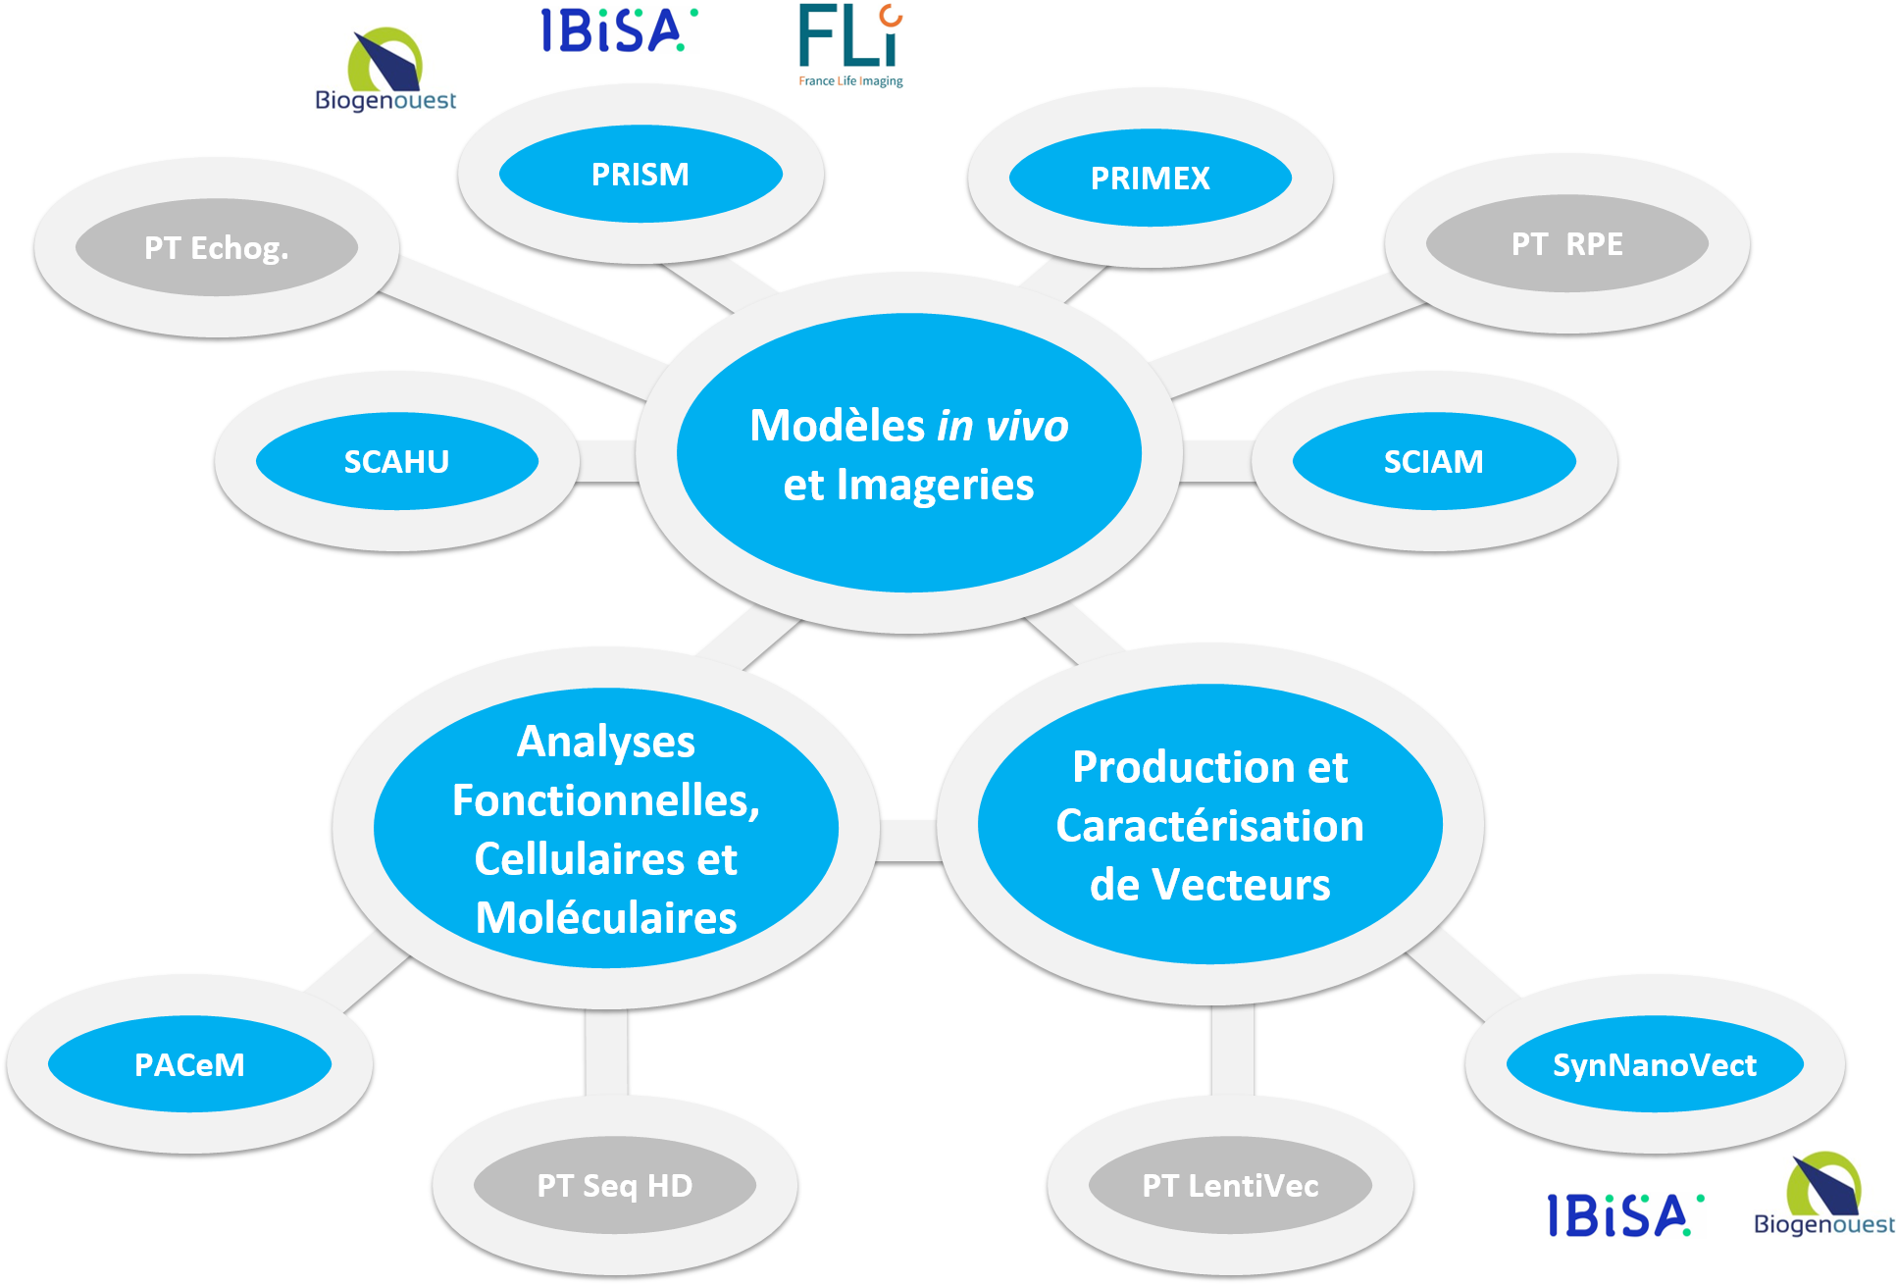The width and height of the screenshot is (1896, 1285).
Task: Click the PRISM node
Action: [x=641, y=175]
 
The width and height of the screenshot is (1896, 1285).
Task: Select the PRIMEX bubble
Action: [x=1150, y=179]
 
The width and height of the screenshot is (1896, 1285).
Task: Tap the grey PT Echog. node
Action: [x=217, y=248]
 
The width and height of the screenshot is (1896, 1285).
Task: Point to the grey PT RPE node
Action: [x=1566, y=244]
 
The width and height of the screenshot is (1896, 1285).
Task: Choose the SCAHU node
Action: [x=396, y=462]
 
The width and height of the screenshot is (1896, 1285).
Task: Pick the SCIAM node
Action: [x=1433, y=462]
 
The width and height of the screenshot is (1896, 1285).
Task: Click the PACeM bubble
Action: [x=189, y=1065]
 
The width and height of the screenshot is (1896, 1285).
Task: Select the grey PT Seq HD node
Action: [x=615, y=1186]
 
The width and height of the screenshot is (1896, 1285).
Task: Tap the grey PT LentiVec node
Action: [x=1230, y=1186]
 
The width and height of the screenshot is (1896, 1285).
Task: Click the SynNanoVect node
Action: [x=1655, y=1065]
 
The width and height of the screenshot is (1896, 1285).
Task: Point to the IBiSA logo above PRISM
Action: [x=620, y=30]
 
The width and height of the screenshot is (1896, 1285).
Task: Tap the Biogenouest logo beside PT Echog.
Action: [x=385, y=71]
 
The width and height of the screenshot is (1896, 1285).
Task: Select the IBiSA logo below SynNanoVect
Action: [x=1626, y=1215]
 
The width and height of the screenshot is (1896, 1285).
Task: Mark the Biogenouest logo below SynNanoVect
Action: [x=1823, y=1195]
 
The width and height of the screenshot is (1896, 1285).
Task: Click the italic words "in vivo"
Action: [x=1002, y=427]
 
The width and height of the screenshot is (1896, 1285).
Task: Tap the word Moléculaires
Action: [x=606, y=919]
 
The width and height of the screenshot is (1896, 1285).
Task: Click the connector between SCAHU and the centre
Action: [x=608, y=461]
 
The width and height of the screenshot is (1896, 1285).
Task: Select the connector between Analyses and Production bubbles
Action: [x=909, y=841]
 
